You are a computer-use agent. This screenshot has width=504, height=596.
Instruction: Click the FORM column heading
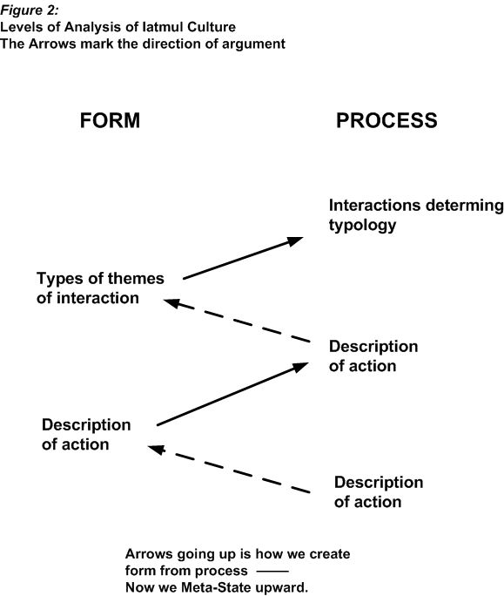point(110,120)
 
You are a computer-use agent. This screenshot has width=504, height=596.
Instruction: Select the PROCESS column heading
point(386,120)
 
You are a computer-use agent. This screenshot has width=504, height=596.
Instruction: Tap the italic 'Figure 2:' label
point(30,10)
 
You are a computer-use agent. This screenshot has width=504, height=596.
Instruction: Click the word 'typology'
point(362,225)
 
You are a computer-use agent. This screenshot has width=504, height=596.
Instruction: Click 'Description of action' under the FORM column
point(86,435)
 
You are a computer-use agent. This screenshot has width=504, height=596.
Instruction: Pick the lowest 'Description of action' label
point(379,491)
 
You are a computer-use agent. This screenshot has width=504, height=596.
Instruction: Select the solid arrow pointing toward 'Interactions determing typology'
point(243,258)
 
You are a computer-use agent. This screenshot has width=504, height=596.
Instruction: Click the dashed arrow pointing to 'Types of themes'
point(237,321)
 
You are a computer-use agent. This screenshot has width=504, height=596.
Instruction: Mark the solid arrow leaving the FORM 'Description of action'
point(232,394)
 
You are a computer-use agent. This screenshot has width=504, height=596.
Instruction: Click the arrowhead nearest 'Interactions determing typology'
point(295,241)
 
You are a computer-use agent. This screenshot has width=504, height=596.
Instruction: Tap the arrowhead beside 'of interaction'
point(171,303)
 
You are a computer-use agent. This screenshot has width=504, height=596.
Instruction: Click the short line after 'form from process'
point(272,571)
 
